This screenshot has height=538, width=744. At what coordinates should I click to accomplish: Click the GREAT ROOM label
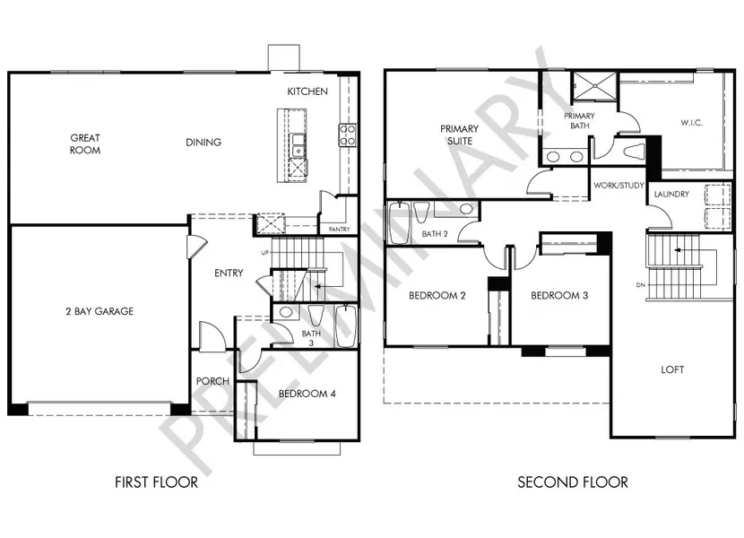pos(85,144)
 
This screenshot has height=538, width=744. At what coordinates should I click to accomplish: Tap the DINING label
pos(203,143)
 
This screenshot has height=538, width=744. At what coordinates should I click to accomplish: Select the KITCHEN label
pos(307,91)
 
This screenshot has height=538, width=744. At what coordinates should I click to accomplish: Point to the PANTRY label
pos(338,230)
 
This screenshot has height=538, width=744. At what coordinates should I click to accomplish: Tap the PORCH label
pos(212,381)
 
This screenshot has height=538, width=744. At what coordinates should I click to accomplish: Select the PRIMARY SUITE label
pos(459,134)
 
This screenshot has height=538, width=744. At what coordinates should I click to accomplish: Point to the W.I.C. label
pos(690,122)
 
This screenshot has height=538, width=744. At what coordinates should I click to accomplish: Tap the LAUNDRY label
pos(670,195)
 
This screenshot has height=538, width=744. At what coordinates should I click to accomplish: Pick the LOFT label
pos(672,368)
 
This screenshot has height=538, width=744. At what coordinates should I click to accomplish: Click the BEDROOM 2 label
pos(437,296)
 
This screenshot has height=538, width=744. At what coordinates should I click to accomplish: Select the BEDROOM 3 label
pos(558,296)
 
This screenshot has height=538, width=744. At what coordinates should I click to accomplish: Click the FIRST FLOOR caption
pos(156,482)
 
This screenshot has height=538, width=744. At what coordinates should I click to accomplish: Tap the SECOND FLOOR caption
pos(572,482)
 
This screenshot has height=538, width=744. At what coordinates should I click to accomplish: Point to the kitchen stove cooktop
pos(347,134)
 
